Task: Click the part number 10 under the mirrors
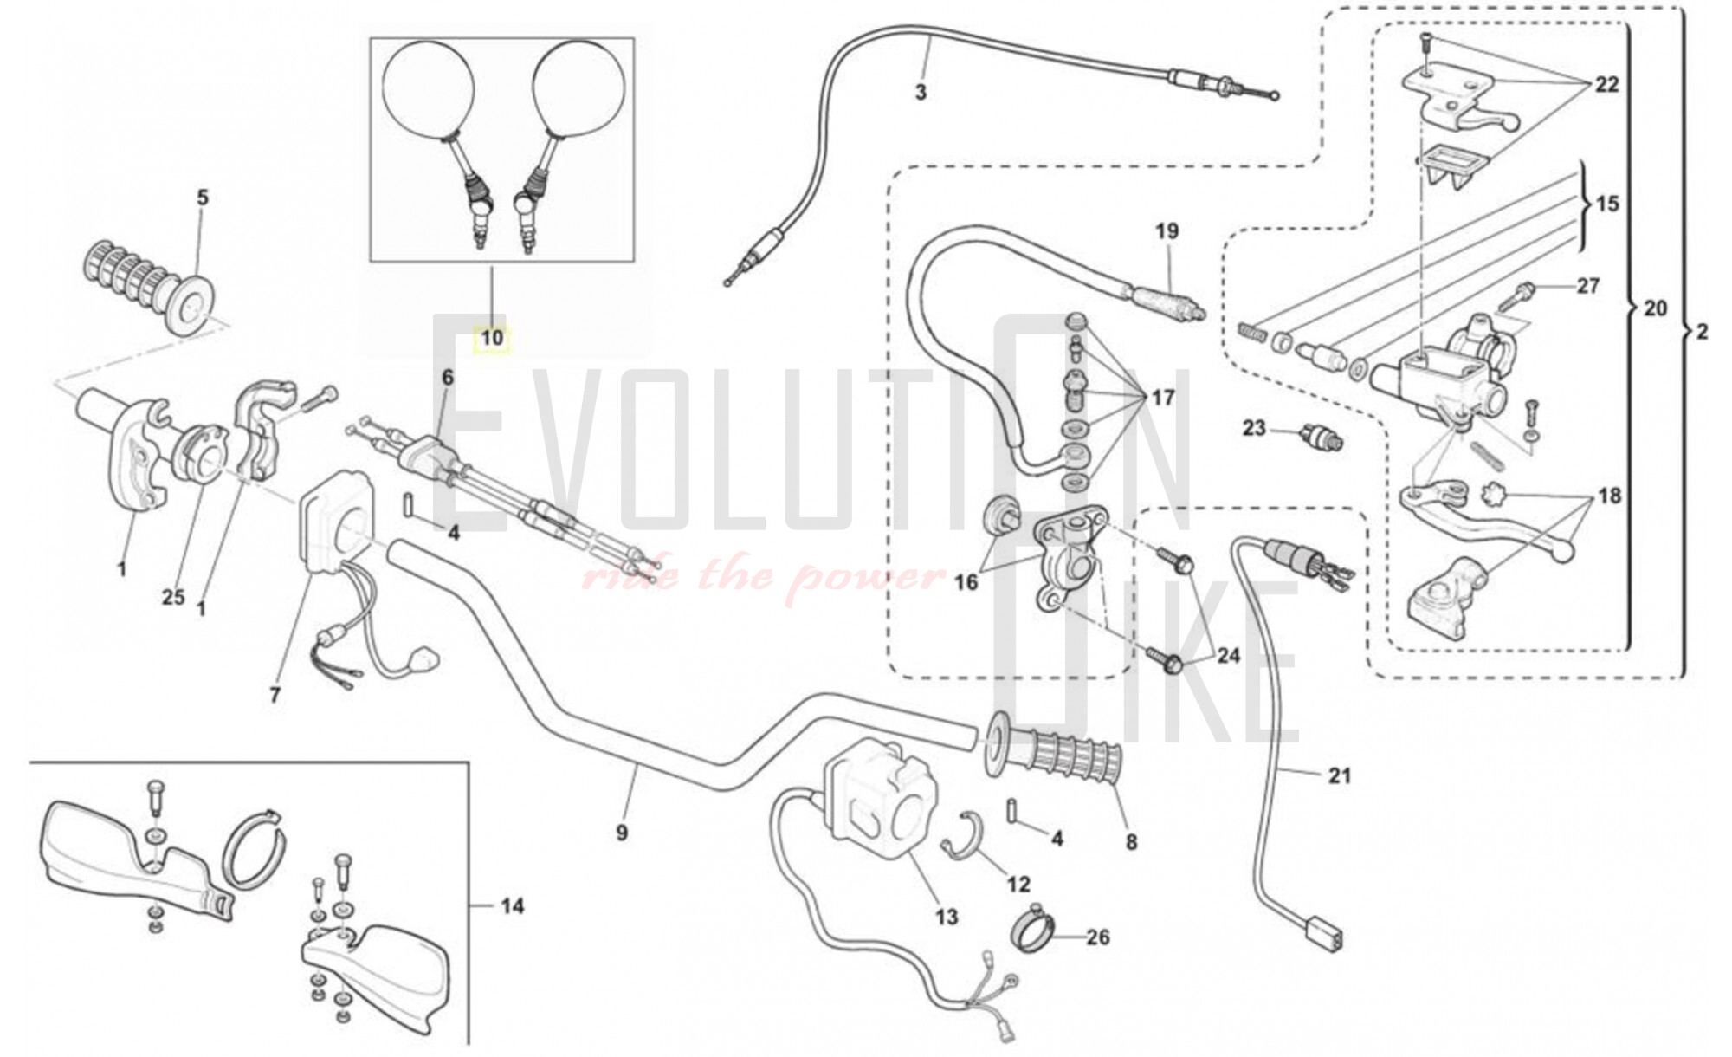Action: pos(492,337)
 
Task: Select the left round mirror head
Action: pos(429,89)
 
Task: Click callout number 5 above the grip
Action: pos(203,198)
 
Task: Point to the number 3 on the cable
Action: pos(921,92)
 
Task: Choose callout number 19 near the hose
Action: pos(1167,231)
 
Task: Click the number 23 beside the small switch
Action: pos(1254,427)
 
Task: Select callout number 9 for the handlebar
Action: pos(622,833)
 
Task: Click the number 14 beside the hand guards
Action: pos(512,906)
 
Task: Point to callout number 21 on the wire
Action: pos(1339,775)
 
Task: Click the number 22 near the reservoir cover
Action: pos(1606,85)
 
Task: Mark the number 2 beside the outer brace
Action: pos(1702,332)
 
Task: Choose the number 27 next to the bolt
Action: pos(1587,285)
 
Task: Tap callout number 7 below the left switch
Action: pos(275,694)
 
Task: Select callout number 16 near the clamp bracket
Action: pos(966,581)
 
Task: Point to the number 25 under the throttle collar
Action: pos(173,597)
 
